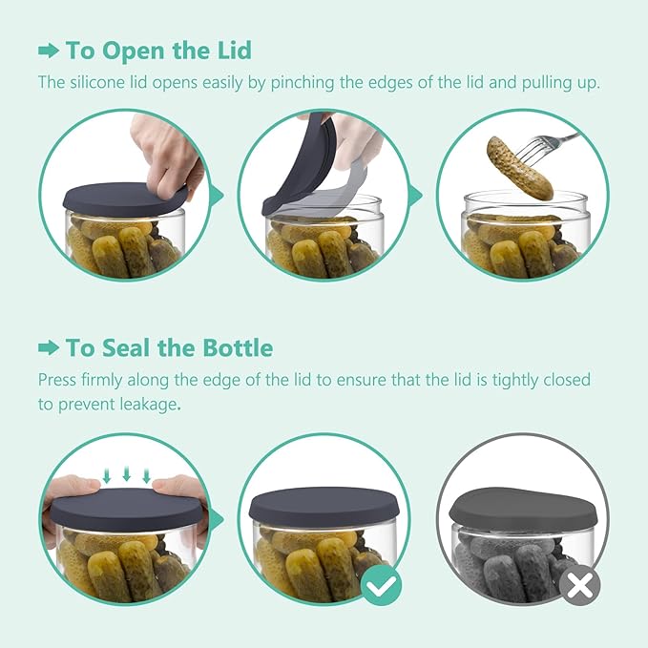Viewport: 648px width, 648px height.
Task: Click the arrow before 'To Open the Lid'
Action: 49,52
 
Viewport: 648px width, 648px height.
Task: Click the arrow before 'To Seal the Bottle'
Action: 49,348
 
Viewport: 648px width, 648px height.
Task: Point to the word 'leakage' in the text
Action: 148,405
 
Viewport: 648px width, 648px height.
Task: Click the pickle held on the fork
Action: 519,168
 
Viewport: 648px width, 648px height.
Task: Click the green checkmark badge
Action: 381,585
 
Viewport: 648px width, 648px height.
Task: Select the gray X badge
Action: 579,585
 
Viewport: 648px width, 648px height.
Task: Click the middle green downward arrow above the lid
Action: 127,473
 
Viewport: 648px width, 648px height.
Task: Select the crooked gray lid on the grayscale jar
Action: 523,510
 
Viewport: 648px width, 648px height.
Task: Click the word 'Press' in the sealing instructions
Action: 57,380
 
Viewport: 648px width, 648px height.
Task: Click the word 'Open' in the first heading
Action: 134,52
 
